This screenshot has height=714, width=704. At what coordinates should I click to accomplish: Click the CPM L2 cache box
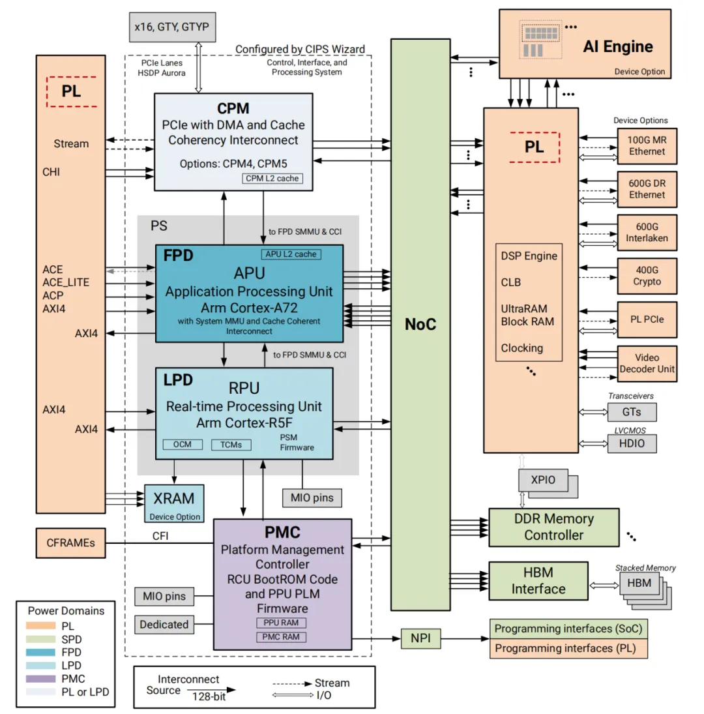click(273, 178)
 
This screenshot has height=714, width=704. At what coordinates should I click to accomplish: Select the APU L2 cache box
click(291, 254)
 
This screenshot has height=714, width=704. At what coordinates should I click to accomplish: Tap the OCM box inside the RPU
click(182, 445)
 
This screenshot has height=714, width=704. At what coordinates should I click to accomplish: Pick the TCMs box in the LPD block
click(231, 445)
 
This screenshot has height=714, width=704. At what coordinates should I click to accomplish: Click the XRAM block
click(173, 503)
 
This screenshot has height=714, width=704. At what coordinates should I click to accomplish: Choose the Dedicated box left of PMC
click(164, 625)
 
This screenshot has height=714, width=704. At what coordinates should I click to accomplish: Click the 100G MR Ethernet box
click(647, 145)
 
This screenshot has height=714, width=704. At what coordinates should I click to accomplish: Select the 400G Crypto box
click(647, 276)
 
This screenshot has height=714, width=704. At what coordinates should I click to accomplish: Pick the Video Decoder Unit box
click(647, 363)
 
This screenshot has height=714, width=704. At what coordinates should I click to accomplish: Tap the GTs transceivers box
click(631, 411)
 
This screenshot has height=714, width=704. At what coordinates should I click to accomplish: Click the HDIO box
click(631, 443)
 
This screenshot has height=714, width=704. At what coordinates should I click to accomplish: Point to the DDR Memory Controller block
click(553, 527)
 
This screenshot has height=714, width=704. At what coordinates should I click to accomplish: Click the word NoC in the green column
click(420, 324)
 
